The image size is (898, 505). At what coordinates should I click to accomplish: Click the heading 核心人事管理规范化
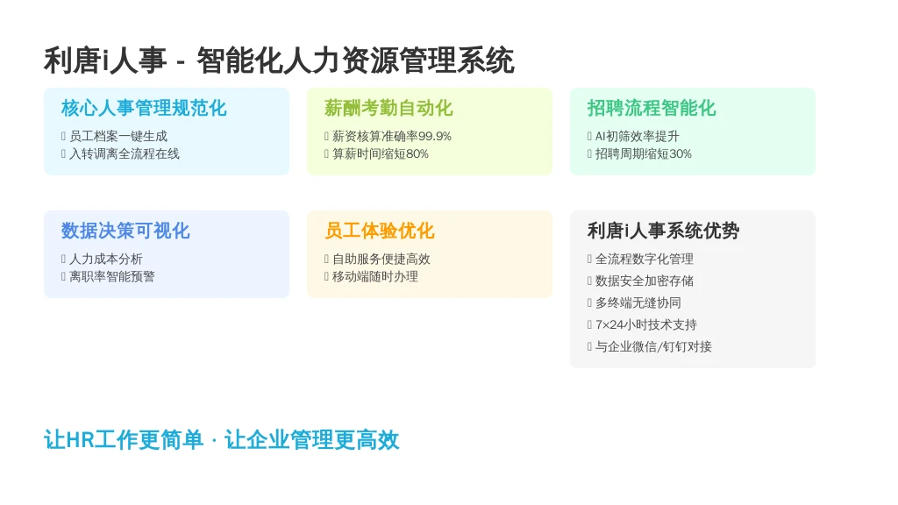[144, 108]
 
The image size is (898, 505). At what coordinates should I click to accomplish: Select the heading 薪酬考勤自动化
[388, 108]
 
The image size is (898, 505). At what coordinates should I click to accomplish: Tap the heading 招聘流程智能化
[652, 108]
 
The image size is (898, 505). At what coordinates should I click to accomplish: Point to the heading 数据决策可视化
[125, 231]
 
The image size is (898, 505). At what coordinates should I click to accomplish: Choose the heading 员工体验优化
[379, 231]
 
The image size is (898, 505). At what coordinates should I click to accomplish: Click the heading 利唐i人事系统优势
[663, 231]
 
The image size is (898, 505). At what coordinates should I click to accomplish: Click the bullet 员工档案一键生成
[118, 136]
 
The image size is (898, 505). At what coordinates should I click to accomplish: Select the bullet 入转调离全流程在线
[125, 154]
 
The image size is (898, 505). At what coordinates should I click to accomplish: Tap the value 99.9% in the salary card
[435, 136]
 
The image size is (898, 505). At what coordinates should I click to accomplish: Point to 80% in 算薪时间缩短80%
[417, 154]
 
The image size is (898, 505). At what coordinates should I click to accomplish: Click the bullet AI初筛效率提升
[637, 136]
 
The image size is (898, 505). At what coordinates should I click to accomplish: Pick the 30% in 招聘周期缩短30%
[681, 154]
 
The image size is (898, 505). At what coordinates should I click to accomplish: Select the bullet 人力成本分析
[106, 260]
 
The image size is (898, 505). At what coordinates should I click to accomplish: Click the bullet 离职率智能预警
[112, 276]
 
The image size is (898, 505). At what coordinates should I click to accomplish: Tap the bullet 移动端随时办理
[375, 276]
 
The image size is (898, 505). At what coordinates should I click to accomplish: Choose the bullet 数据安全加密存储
[645, 281]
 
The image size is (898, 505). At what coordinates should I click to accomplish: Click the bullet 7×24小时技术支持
[646, 324]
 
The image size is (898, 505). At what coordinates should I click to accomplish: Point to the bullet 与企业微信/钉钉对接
[653, 346]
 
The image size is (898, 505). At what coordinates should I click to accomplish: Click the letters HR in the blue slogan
[80, 440]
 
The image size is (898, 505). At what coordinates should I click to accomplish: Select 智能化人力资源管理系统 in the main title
[355, 60]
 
